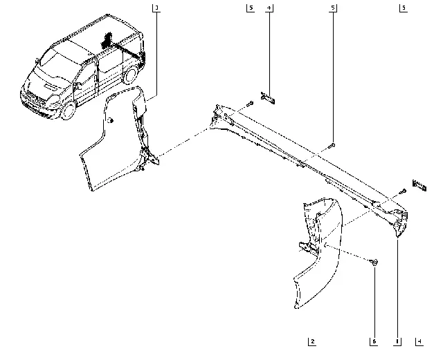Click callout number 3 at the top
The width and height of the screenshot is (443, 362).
click(157, 8)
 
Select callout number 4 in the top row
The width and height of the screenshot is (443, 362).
click(269, 8)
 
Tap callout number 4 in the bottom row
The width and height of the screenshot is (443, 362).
click(419, 341)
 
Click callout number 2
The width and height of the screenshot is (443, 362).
click(313, 341)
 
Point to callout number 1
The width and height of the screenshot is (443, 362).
click(398, 341)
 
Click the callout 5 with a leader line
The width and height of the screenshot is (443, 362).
click(333, 8)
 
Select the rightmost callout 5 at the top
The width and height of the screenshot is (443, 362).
click(402, 8)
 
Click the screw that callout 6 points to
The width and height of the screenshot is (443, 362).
click(374, 263)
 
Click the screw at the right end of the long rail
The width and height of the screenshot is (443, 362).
click(401, 191)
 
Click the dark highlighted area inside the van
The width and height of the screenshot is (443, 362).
click(107, 40)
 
